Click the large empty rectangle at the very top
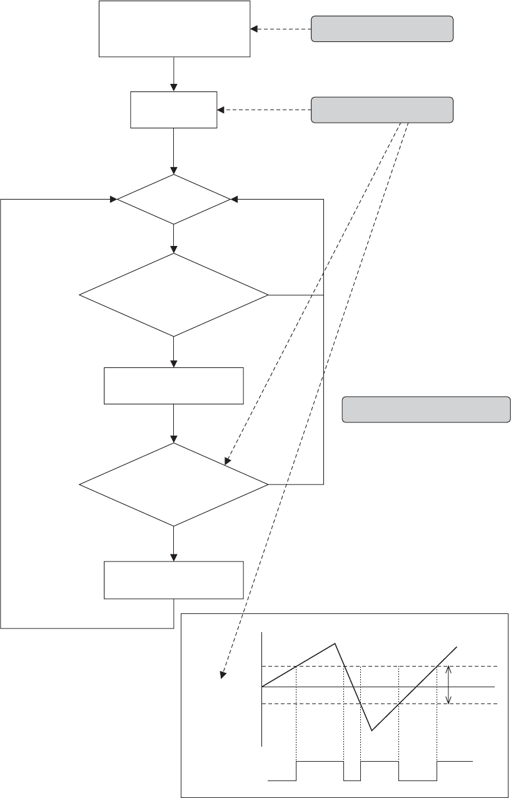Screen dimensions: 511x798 point(175,29)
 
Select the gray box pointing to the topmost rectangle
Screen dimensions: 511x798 point(382,29)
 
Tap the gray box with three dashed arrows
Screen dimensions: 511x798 point(382,110)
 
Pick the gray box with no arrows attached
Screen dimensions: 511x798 point(427,409)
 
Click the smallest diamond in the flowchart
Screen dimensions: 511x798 point(174,200)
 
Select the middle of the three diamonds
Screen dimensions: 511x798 point(174,295)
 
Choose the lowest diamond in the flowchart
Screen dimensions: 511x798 point(174,484)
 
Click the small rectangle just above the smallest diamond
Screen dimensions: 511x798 point(173,110)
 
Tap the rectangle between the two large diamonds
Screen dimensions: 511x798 point(173,386)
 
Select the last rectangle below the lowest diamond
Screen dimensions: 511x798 point(173,580)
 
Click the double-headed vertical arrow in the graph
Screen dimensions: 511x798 point(449,685)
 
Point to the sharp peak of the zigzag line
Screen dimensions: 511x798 point(336,643)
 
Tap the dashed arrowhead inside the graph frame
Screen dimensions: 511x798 point(222,674)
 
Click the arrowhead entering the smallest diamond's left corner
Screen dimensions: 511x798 point(114,200)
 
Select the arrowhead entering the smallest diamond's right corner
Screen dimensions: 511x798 point(234,200)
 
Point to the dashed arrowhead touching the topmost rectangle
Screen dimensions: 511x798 point(253,29)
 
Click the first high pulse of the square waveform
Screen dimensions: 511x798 point(320,761)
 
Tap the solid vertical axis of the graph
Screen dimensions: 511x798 point(261,688)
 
